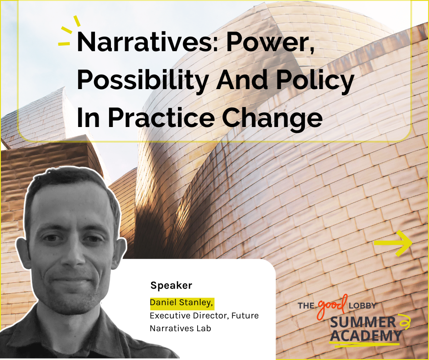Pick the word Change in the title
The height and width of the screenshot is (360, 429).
click(272, 118)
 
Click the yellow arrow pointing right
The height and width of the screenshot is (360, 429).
click(393, 244)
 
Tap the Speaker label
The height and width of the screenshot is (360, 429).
click(171, 286)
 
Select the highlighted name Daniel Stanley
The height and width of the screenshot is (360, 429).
click(182, 303)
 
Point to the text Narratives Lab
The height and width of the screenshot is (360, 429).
click(180, 328)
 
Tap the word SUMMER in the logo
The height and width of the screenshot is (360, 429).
click(363, 323)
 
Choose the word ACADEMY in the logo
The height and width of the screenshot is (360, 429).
click(366, 336)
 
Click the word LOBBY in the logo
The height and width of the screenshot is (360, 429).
click(362, 306)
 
